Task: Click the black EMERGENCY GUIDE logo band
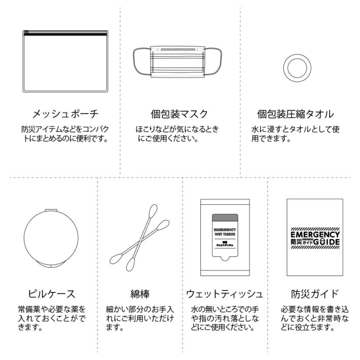click(x=314, y=238)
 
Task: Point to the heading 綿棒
click(x=139, y=294)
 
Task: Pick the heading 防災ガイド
click(x=314, y=294)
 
